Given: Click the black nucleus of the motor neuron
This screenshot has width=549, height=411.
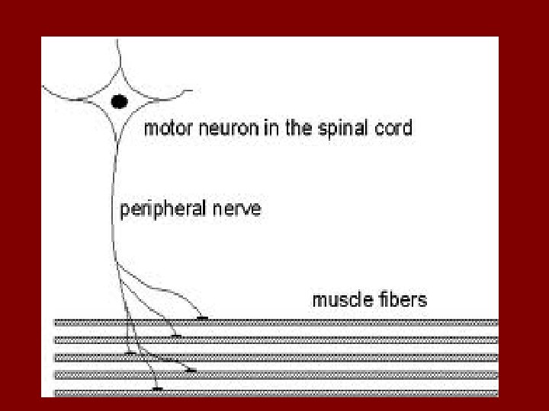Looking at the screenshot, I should pos(119,101).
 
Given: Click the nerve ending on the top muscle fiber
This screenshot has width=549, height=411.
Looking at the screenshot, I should pos(202,318).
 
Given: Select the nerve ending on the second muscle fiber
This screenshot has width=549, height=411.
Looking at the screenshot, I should pos(176,335).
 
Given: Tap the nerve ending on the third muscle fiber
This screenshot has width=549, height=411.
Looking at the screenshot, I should pos(130,353).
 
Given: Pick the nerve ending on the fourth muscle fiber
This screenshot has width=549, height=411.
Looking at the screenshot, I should pos(191,371).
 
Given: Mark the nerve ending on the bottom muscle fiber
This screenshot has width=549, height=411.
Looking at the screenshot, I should pos(157,389).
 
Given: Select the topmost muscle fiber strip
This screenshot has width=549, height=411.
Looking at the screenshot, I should pos(343,323).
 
